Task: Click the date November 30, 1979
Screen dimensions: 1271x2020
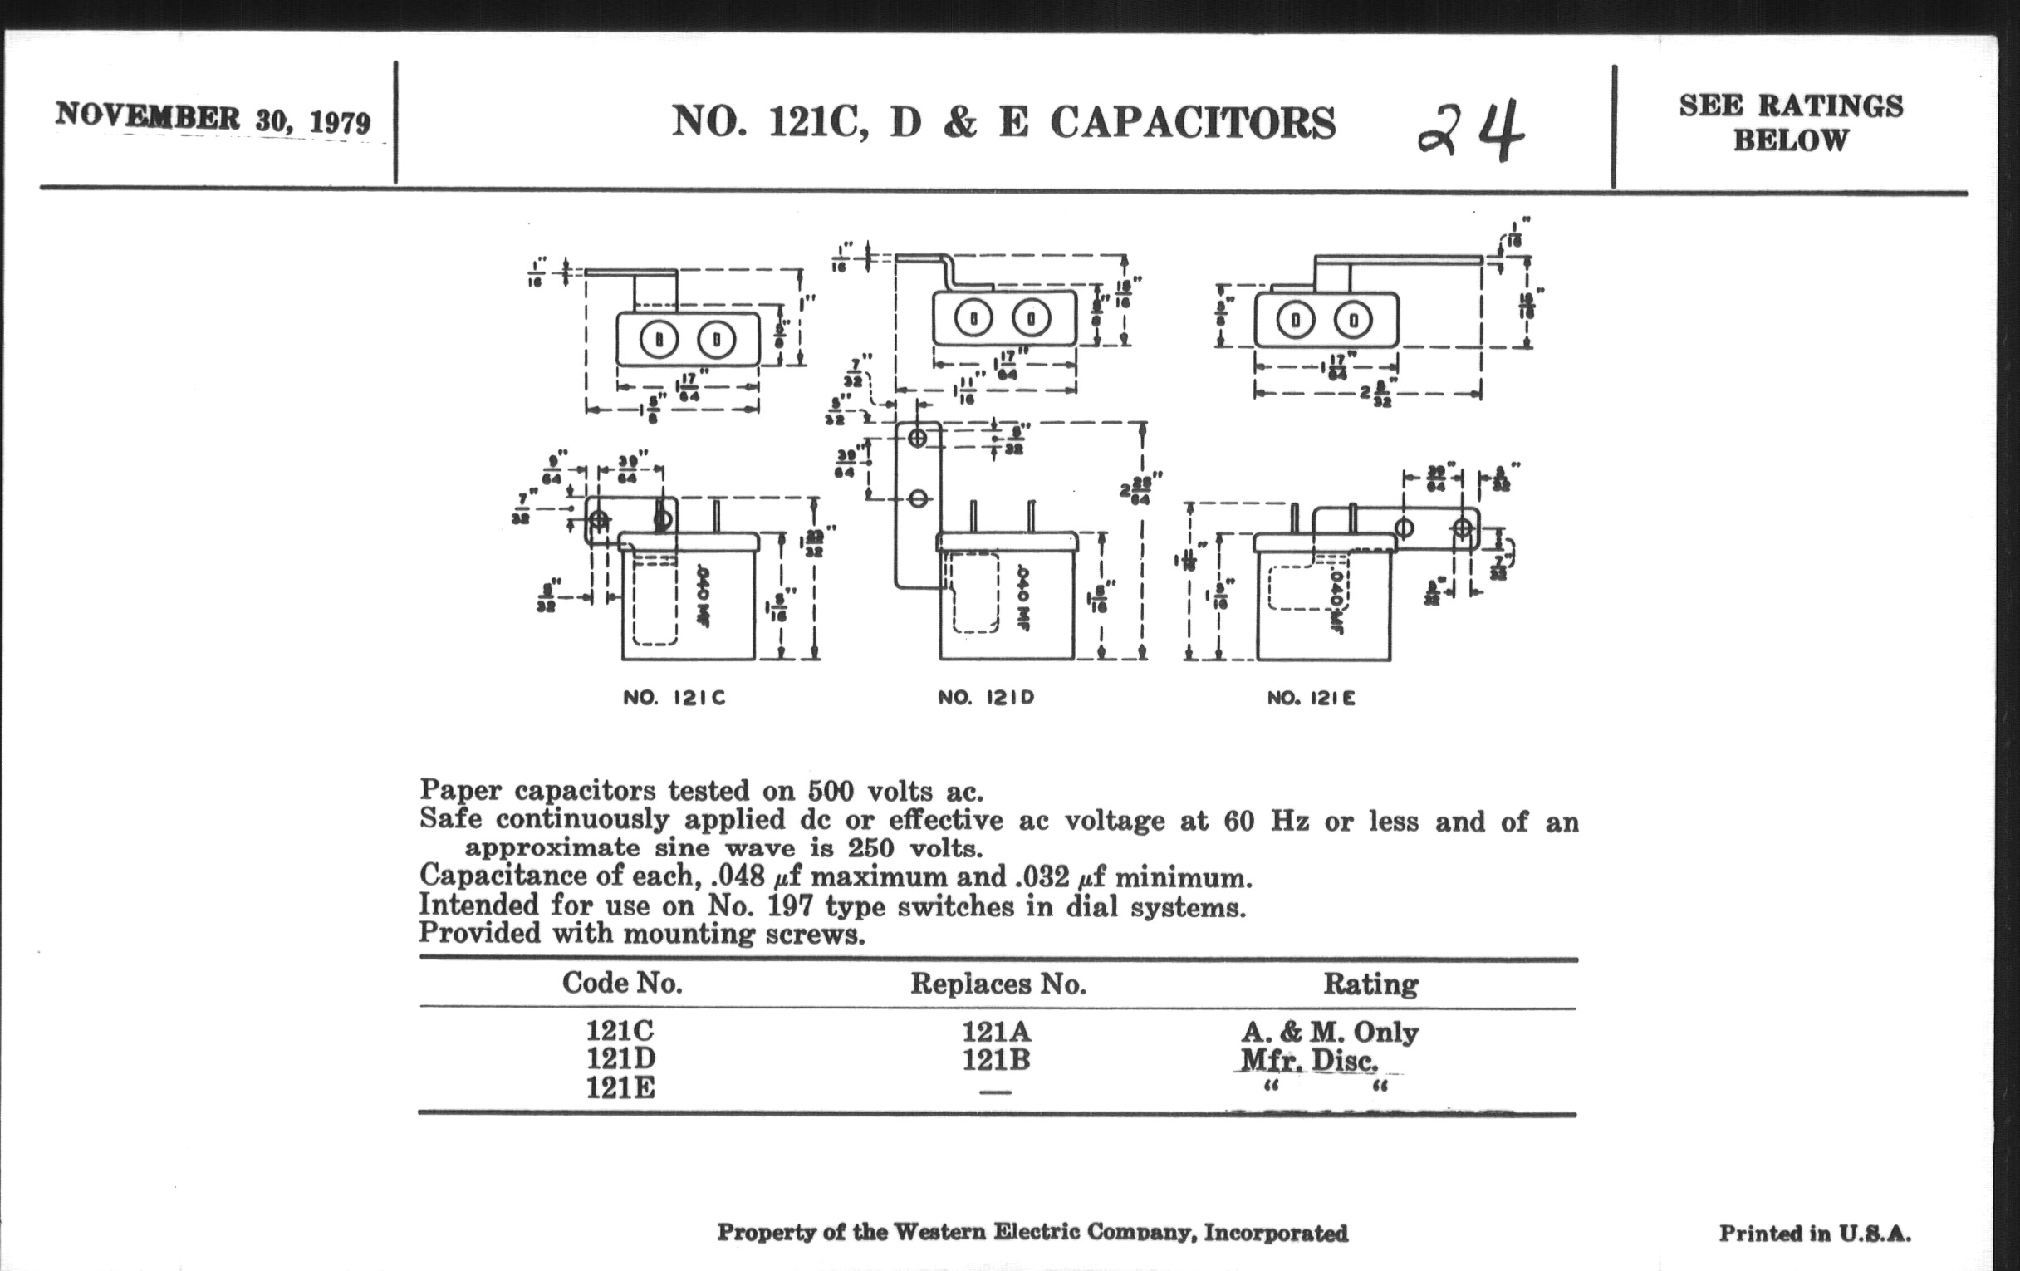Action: point(213,118)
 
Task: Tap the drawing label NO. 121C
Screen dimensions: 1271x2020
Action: point(674,698)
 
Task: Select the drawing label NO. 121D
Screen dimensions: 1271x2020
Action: point(986,698)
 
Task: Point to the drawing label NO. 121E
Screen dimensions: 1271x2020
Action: point(1311,698)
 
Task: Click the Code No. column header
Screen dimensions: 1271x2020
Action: point(621,983)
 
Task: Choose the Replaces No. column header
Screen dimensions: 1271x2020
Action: point(998,984)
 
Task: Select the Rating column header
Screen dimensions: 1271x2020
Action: point(1370,984)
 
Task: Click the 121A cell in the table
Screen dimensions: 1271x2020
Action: point(996,1031)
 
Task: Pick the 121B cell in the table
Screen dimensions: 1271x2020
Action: point(996,1060)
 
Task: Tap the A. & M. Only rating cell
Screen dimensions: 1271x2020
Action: point(1330,1031)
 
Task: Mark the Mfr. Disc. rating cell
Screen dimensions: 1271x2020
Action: point(1309,1061)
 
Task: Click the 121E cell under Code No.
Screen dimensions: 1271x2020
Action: point(620,1088)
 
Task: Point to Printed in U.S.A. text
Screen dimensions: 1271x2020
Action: point(1815,1234)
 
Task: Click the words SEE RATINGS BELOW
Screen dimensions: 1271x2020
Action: point(1790,122)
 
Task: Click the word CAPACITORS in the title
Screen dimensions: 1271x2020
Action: point(1192,122)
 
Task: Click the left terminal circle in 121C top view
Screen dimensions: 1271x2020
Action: point(659,340)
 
